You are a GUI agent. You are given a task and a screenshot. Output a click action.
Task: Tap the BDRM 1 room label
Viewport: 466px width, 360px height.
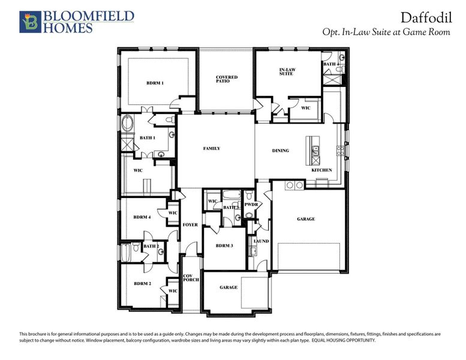[155, 83]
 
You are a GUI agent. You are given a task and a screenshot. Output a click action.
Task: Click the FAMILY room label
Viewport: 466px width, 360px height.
[212, 148]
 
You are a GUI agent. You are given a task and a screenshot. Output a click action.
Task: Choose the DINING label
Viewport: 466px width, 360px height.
[280, 151]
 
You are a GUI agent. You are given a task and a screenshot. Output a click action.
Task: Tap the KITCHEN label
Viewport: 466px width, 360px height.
[321, 170]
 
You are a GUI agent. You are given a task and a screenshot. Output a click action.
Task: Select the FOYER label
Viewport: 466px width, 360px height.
[190, 224]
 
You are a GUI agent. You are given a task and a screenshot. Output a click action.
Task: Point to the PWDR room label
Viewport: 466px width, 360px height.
[251, 205]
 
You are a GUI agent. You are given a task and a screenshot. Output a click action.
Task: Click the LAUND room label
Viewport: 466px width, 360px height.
[261, 241]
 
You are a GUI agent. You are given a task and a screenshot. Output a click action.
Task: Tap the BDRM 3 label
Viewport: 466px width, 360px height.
[224, 245]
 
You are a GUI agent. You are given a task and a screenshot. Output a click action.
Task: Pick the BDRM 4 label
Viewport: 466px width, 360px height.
[142, 217]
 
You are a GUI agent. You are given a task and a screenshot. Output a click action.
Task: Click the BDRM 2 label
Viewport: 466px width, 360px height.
[142, 283]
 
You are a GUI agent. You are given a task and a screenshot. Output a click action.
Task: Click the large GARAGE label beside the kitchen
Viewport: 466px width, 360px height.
[305, 219]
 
